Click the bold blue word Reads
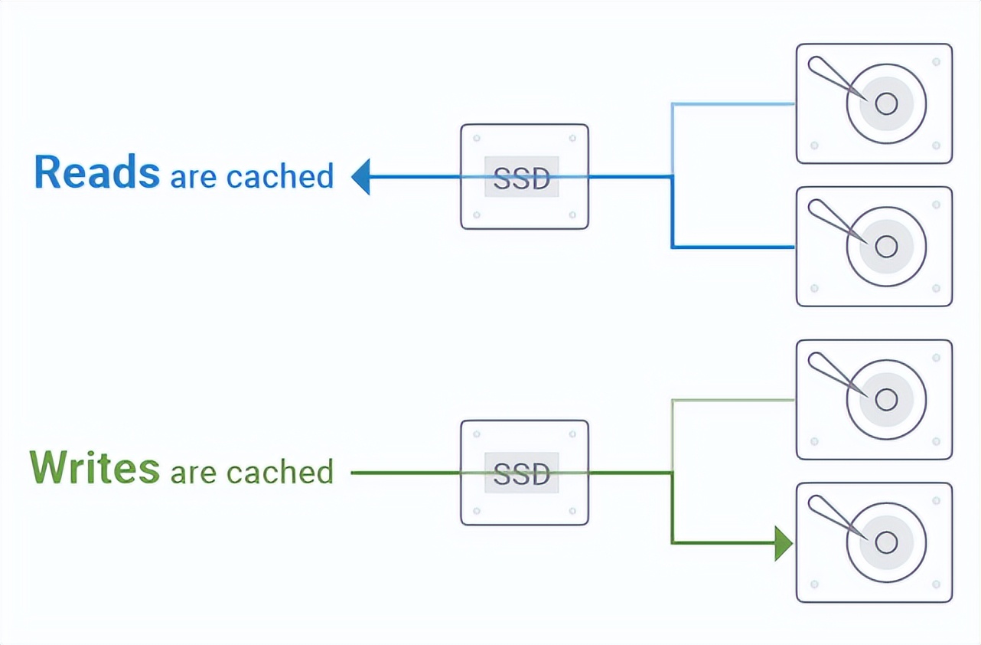click(96, 173)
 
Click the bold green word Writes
click(94, 469)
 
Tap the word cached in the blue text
click(280, 176)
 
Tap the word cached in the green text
click(280, 472)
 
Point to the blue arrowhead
click(361, 177)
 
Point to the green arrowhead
click(782, 543)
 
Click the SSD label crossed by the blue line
click(522, 178)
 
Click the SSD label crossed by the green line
click(522, 473)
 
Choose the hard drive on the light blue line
click(874, 103)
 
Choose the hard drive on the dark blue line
click(874, 246)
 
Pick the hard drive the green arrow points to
click(874, 542)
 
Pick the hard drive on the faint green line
click(874, 399)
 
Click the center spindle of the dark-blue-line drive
click(886, 247)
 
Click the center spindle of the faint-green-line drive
click(886, 400)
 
